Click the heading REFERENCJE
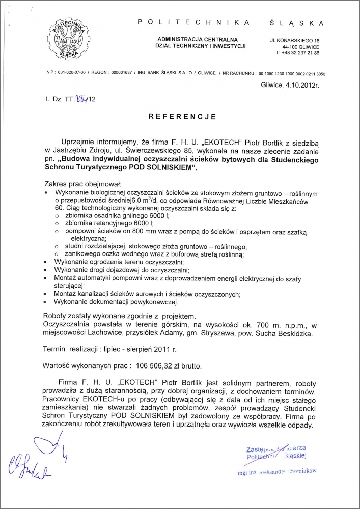pyautogui.click(x=182, y=116)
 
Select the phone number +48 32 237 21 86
pyautogui.click(x=298, y=52)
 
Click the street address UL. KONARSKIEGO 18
pyautogui.click(x=295, y=40)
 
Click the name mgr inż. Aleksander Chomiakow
pyautogui.click(x=277, y=471)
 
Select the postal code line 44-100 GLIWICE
pyautogui.click(x=297, y=46)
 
